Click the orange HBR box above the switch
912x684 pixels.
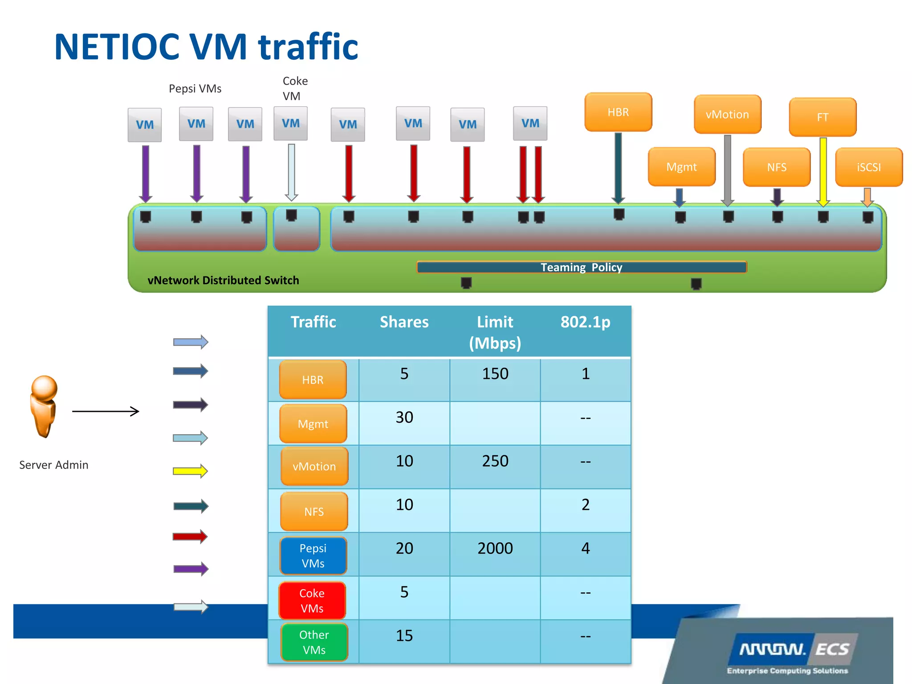[x=618, y=112]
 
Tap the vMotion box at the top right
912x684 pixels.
[x=727, y=114]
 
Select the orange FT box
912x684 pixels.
[x=822, y=117]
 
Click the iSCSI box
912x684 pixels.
[x=869, y=167]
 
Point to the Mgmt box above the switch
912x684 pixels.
[x=681, y=167]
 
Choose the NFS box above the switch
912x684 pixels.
[x=777, y=167]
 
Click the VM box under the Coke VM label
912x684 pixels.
[x=290, y=123]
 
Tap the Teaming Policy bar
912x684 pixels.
[x=581, y=267]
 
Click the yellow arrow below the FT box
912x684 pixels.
[x=823, y=171]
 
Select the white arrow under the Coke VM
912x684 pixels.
[x=291, y=171]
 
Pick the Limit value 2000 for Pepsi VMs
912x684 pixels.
[x=495, y=548]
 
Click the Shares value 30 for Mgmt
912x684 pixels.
[x=404, y=417]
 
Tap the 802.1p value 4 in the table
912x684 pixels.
[x=585, y=548]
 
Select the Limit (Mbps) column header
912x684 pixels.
[x=495, y=332]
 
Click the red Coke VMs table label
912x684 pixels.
[x=312, y=600]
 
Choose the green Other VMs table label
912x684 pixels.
[x=314, y=642]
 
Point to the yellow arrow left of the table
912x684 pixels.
[x=190, y=471]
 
